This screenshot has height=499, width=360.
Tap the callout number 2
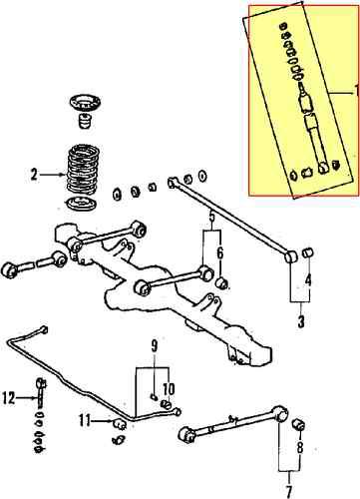coord(35,175)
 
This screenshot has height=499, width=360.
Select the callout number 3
coord(301,321)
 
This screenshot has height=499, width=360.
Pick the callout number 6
coord(221,254)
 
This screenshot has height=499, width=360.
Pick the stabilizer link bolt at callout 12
coord(40,399)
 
